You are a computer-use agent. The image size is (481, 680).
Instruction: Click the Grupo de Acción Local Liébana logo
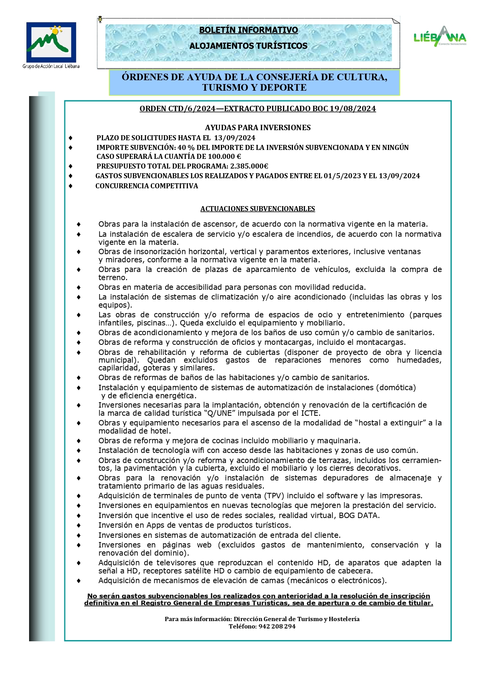coord(51,43)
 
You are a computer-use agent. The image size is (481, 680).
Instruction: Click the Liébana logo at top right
coord(440,37)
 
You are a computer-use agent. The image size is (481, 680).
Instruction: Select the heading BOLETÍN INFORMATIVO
coord(248,30)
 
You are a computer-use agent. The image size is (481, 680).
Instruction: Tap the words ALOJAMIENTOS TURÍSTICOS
coord(248,46)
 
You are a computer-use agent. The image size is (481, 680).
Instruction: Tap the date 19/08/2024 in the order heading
coord(353,109)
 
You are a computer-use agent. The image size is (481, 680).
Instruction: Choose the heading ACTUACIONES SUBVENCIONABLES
coord(258,209)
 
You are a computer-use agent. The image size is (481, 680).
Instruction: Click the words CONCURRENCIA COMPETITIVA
coord(147,186)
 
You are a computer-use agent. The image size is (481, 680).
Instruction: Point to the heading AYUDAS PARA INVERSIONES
coord(258,127)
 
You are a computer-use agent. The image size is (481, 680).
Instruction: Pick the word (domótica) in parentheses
coord(395,387)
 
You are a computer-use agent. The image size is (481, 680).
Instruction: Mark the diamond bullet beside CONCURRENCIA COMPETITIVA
coord(71,186)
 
